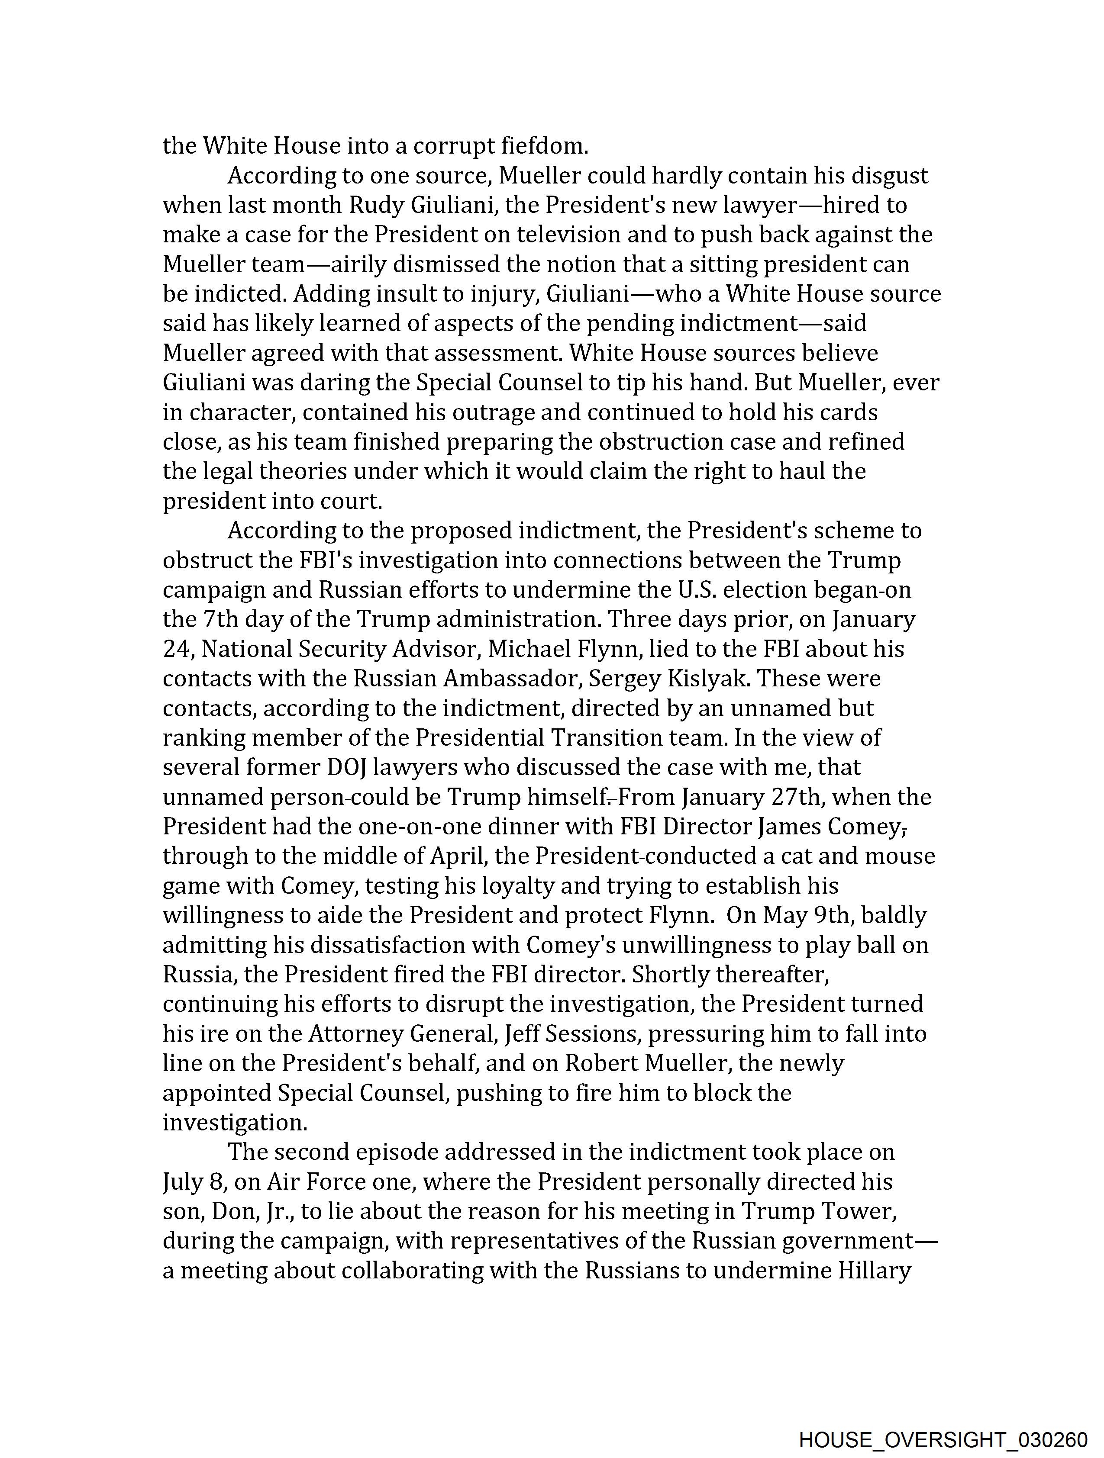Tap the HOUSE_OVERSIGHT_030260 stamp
click(x=943, y=1439)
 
